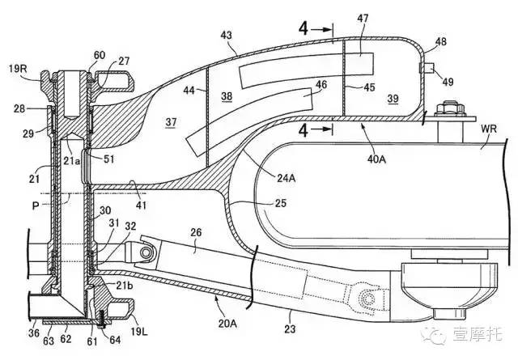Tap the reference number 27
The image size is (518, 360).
(x=125, y=60)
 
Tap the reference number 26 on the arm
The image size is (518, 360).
(x=197, y=232)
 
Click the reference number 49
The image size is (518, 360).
(x=446, y=82)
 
